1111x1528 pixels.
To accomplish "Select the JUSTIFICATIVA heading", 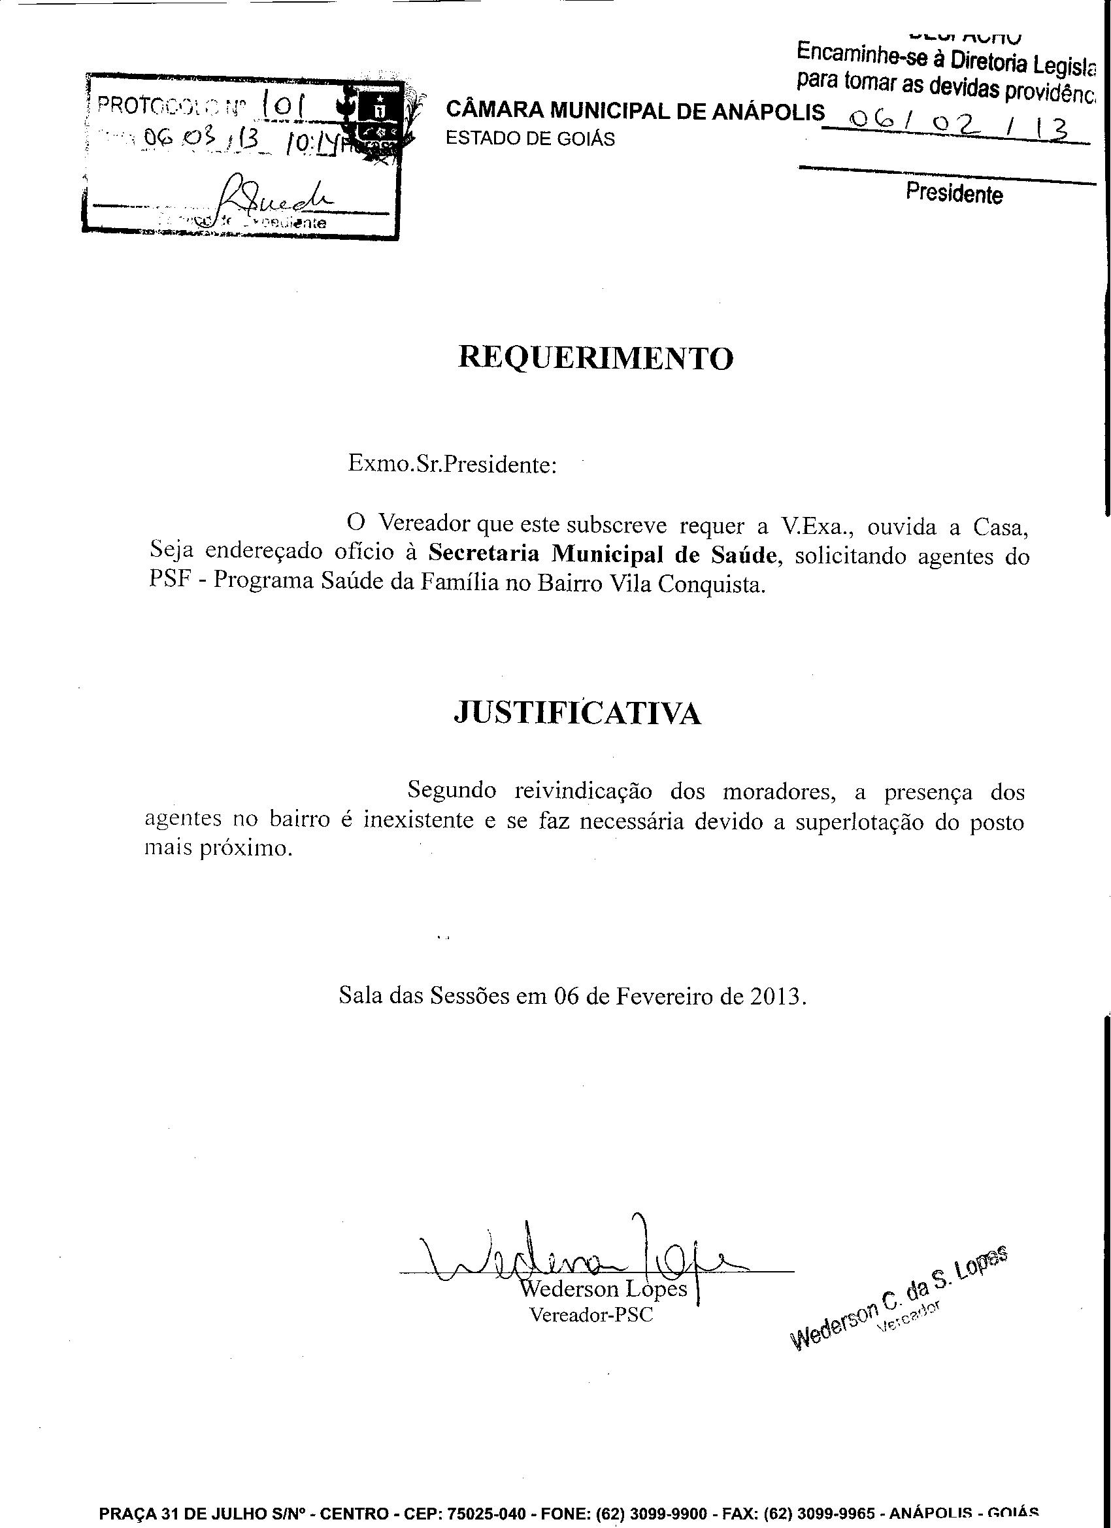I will tap(578, 713).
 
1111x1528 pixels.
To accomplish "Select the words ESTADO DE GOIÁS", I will tap(531, 139).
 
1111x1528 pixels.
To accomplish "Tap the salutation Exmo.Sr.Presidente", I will tap(452, 464).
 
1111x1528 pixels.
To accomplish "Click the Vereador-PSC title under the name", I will tap(591, 1314).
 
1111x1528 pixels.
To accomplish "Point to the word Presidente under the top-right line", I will tap(953, 194).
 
